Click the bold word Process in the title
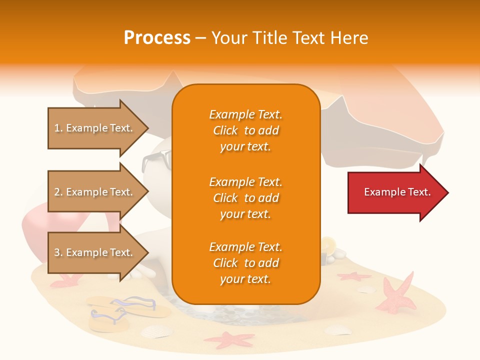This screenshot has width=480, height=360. [157, 38]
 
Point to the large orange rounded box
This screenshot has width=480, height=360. [246, 194]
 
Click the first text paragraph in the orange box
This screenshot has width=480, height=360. [246, 130]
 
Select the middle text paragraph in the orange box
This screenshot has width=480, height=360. [246, 198]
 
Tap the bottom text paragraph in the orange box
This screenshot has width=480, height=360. [246, 263]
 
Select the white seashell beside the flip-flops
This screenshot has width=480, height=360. [156, 331]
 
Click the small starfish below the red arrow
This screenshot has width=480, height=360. [353, 276]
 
